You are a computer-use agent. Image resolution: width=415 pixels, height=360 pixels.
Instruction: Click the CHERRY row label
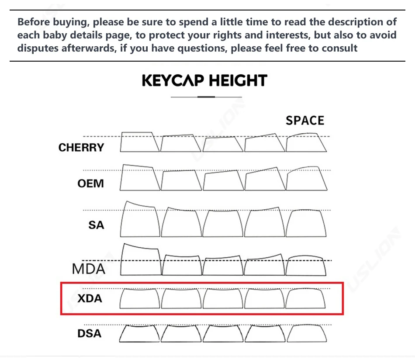pyautogui.click(x=81, y=148)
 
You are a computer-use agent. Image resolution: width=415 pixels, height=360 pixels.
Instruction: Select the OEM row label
pyautogui.click(x=91, y=183)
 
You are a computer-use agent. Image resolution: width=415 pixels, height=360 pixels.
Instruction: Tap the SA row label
pyautogui.click(x=96, y=225)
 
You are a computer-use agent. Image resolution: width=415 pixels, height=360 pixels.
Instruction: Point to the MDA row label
pyautogui.click(x=89, y=268)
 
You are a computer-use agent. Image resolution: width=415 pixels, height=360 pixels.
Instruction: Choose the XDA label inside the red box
pyautogui.click(x=90, y=299)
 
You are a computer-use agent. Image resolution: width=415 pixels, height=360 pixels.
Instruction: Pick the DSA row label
pyautogui.click(x=89, y=334)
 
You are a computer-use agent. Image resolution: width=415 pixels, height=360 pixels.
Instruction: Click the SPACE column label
pyautogui.click(x=305, y=121)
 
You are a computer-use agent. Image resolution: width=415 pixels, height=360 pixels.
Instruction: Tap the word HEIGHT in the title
pyautogui.click(x=238, y=81)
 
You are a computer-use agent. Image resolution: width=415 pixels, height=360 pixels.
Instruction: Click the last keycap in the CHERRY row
pyautogui.click(x=306, y=143)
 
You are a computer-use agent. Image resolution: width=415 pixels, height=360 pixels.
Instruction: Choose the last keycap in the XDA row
pyautogui.click(x=306, y=299)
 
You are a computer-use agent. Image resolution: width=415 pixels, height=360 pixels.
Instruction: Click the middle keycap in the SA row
pyautogui.click(x=223, y=223)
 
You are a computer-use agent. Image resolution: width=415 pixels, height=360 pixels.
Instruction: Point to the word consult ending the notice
pyautogui.click(x=339, y=48)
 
